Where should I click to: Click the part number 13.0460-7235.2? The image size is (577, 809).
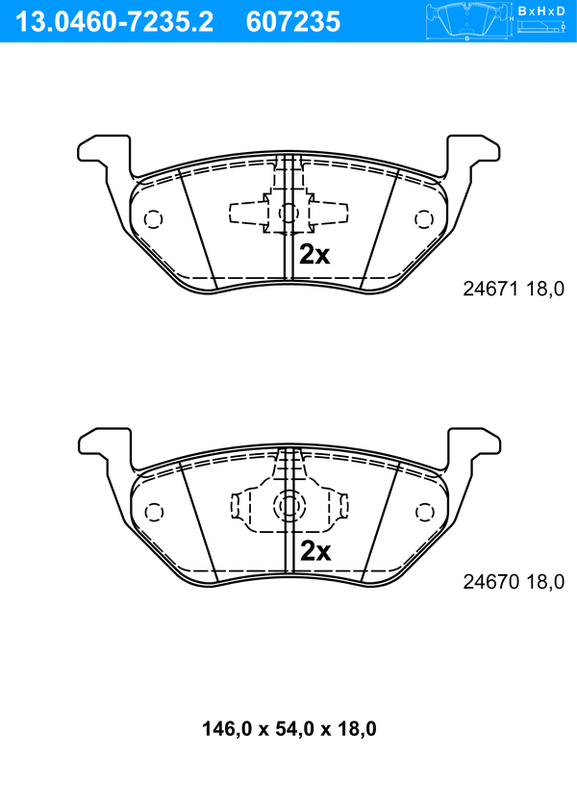point(114,22)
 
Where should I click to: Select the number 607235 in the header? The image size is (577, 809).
point(293,22)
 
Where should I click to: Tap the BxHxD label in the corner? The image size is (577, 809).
point(541,11)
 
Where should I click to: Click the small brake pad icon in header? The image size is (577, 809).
point(466,22)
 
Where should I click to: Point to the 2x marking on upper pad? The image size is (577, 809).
point(314,254)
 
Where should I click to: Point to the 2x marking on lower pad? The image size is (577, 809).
point(315,551)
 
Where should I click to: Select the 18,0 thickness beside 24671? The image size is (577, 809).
point(545,289)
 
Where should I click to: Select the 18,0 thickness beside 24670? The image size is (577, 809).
point(545,582)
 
